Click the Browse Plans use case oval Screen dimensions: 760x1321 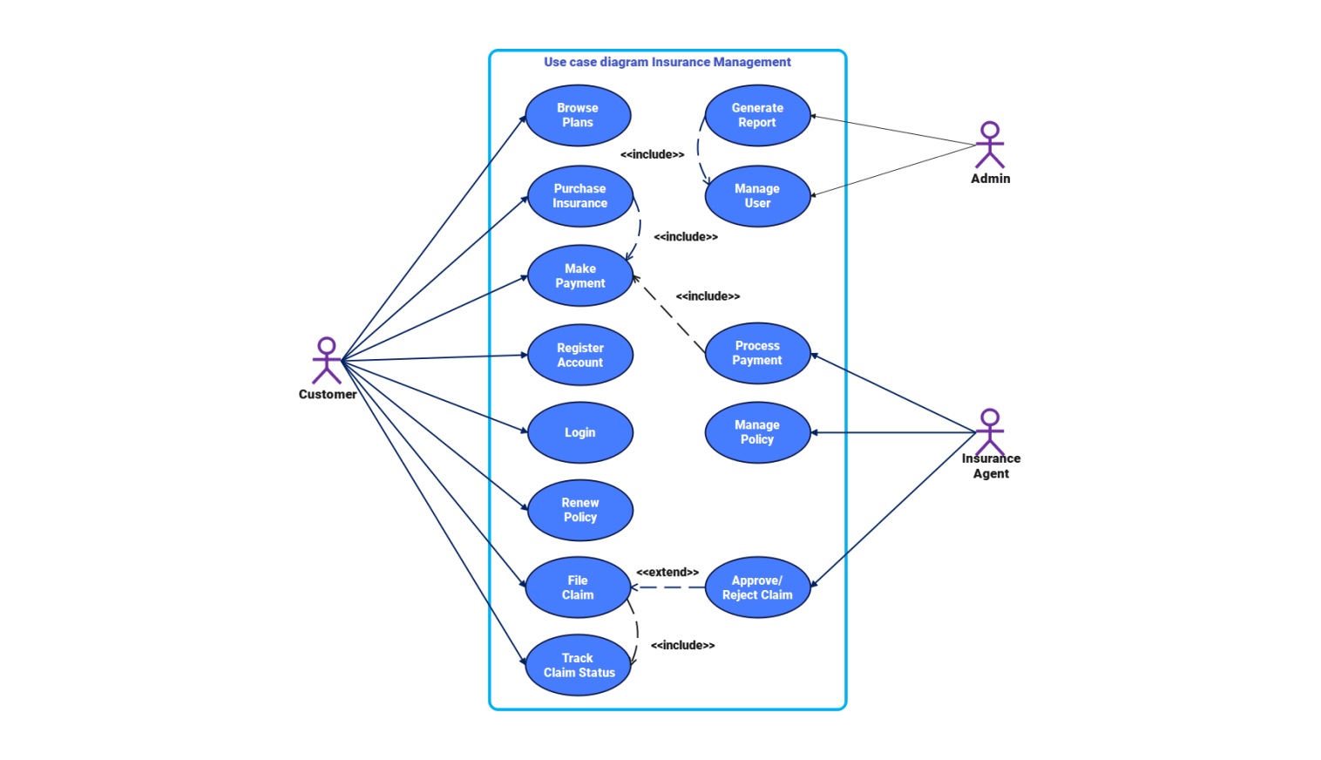578,115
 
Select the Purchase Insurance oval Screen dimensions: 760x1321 579,196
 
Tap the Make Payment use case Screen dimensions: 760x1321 579,276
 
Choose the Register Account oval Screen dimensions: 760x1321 579,355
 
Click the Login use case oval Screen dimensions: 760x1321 579,432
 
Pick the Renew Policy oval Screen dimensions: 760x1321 579,510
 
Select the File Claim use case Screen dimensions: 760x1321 577,587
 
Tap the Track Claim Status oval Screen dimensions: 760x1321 578,665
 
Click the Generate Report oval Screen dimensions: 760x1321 757,115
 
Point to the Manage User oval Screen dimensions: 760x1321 757,196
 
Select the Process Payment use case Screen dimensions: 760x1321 757,353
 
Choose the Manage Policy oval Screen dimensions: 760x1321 757,432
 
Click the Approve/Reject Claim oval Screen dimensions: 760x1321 757,587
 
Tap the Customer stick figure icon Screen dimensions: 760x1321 327,361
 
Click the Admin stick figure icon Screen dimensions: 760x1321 989,145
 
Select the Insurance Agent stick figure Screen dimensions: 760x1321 989,431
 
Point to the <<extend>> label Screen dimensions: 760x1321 667,573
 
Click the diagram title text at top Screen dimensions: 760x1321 667,62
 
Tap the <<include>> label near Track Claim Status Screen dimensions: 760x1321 682,646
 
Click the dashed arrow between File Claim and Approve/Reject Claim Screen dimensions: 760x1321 667,587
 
